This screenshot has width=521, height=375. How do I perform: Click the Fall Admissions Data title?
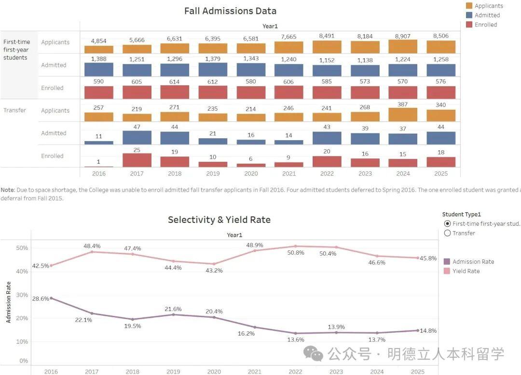click(230, 11)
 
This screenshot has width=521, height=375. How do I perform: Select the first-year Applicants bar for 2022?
click(327, 47)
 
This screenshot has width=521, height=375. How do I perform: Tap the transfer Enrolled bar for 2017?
click(137, 160)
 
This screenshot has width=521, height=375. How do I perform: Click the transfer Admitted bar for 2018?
click(175, 138)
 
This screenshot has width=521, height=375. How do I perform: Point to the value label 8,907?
click(403, 36)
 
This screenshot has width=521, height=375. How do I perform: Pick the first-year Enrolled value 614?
click(175, 82)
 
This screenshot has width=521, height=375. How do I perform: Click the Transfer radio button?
click(447, 233)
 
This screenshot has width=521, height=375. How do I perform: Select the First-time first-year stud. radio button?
click(447, 223)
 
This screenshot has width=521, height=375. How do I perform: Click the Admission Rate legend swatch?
click(447, 261)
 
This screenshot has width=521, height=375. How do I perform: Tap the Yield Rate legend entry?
click(466, 271)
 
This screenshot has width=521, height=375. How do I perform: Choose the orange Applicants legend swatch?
click(469, 6)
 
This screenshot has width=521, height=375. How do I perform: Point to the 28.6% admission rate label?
click(41, 299)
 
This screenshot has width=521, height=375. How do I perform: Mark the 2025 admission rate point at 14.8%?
click(418, 330)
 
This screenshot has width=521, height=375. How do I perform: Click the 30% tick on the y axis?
click(23, 295)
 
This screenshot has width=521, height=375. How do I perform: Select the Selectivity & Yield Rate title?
click(219, 220)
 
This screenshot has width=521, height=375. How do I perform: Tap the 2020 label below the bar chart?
click(251, 173)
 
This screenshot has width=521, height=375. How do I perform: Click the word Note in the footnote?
click(7, 190)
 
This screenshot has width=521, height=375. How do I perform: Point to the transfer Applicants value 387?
click(403, 104)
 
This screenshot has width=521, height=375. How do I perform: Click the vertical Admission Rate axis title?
click(8, 302)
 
